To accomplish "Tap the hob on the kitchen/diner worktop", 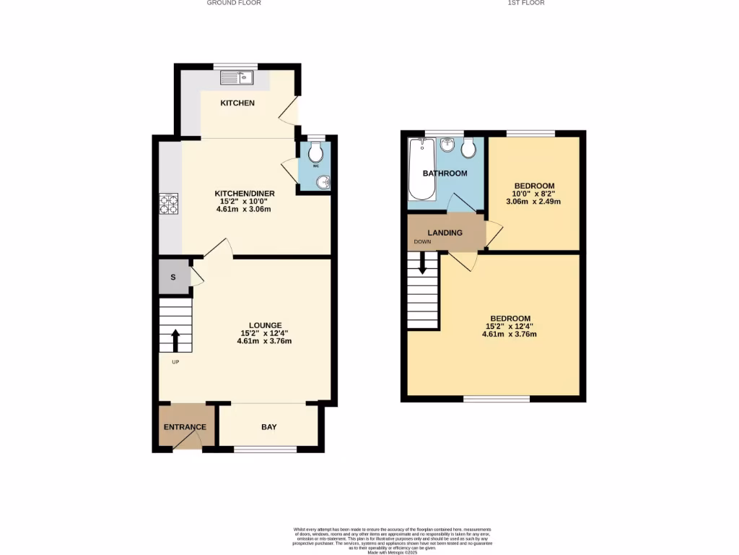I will [x=170, y=204].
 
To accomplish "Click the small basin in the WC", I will [x=323, y=182].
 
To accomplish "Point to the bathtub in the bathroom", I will [x=421, y=169].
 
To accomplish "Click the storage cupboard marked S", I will [x=173, y=277].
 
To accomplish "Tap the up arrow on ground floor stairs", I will [x=175, y=340].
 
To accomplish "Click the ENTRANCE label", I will [x=185, y=427].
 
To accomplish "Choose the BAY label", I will [x=269, y=427].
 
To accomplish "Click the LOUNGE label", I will [x=266, y=325].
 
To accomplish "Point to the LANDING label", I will [x=445, y=232].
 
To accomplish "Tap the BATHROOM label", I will [x=445, y=173].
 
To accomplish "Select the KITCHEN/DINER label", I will [x=243, y=193].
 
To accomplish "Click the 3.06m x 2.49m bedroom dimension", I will [x=535, y=202].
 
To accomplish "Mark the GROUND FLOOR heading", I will [x=234, y=3].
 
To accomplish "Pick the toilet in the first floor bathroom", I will [x=468, y=148].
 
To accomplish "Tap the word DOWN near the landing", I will [x=422, y=242].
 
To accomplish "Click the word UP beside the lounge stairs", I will [x=175, y=362].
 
